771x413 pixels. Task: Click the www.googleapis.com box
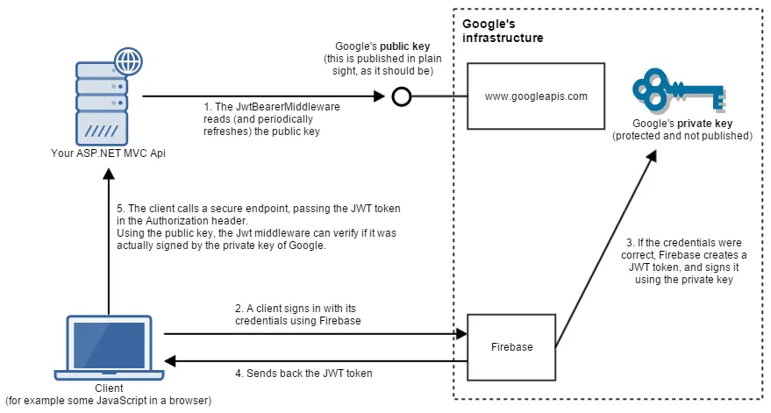(536, 96)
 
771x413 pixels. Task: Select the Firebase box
(512, 347)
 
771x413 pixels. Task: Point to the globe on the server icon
(128, 64)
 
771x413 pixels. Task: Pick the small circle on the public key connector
(401, 96)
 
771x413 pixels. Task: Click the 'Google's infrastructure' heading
(503, 32)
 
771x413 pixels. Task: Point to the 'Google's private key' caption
(682, 130)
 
